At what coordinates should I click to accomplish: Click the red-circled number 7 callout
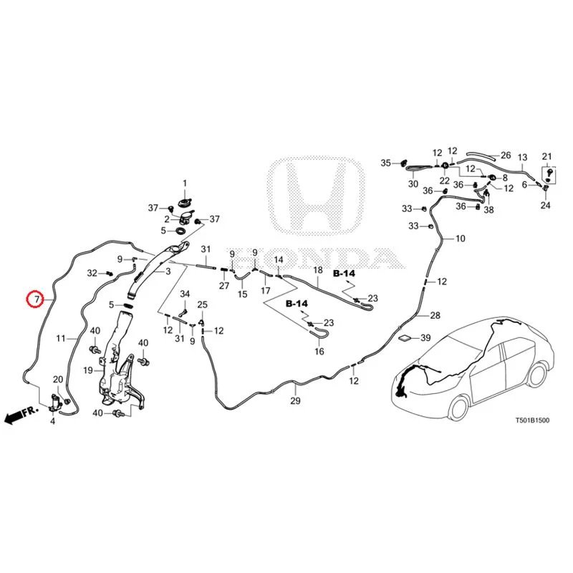(37, 299)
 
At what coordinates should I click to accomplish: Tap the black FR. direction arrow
(21, 414)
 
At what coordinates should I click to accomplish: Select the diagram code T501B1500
(532, 420)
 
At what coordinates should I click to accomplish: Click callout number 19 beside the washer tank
(87, 370)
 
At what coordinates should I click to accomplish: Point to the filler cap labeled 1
(185, 202)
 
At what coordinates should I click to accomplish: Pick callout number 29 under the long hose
(295, 401)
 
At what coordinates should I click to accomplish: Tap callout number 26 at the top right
(506, 155)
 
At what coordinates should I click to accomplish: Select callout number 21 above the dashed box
(546, 157)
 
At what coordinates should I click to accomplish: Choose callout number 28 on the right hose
(435, 315)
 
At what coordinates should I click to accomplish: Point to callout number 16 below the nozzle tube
(319, 351)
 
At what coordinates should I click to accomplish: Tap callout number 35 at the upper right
(386, 163)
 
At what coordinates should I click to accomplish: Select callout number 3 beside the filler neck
(168, 271)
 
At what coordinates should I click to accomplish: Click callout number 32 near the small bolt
(92, 273)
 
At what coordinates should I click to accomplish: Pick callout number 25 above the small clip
(203, 304)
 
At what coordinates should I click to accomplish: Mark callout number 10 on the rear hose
(461, 239)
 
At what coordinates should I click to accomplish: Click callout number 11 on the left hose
(61, 338)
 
